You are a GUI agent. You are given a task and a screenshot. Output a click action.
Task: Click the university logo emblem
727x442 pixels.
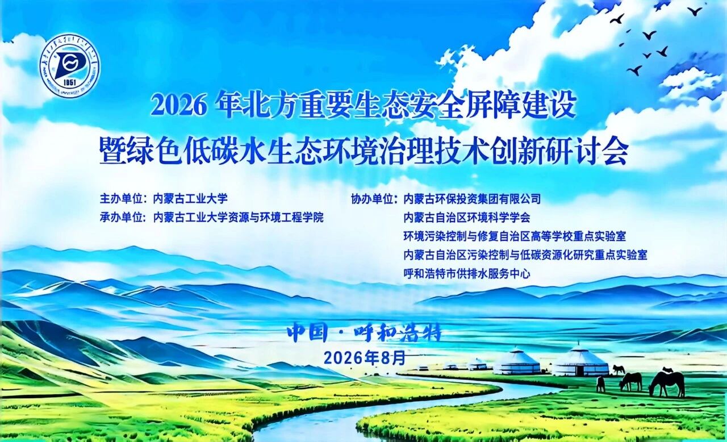[70, 65]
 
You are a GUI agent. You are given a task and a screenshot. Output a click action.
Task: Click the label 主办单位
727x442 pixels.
[121, 199]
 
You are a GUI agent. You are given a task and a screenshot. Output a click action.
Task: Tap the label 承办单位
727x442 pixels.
[121, 217]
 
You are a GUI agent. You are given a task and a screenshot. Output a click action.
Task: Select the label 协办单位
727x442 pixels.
[372, 199]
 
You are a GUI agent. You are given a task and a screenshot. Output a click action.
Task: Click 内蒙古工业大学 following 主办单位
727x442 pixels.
[190, 199]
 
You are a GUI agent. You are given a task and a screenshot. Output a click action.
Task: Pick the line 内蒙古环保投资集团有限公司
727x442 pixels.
[472, 199]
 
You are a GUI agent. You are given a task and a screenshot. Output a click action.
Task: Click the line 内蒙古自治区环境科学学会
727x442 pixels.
[467, 217]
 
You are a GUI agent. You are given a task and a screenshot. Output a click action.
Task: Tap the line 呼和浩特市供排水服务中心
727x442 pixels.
[467, 274]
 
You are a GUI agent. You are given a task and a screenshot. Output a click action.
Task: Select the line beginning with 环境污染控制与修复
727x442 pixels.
[515, 236]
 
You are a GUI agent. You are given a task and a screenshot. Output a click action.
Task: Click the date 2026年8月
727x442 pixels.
[365, 358]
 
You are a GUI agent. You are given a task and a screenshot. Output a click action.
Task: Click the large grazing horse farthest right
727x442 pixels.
[666, 384]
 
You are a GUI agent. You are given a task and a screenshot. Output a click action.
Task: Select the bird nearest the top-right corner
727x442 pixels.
[695, 12]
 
